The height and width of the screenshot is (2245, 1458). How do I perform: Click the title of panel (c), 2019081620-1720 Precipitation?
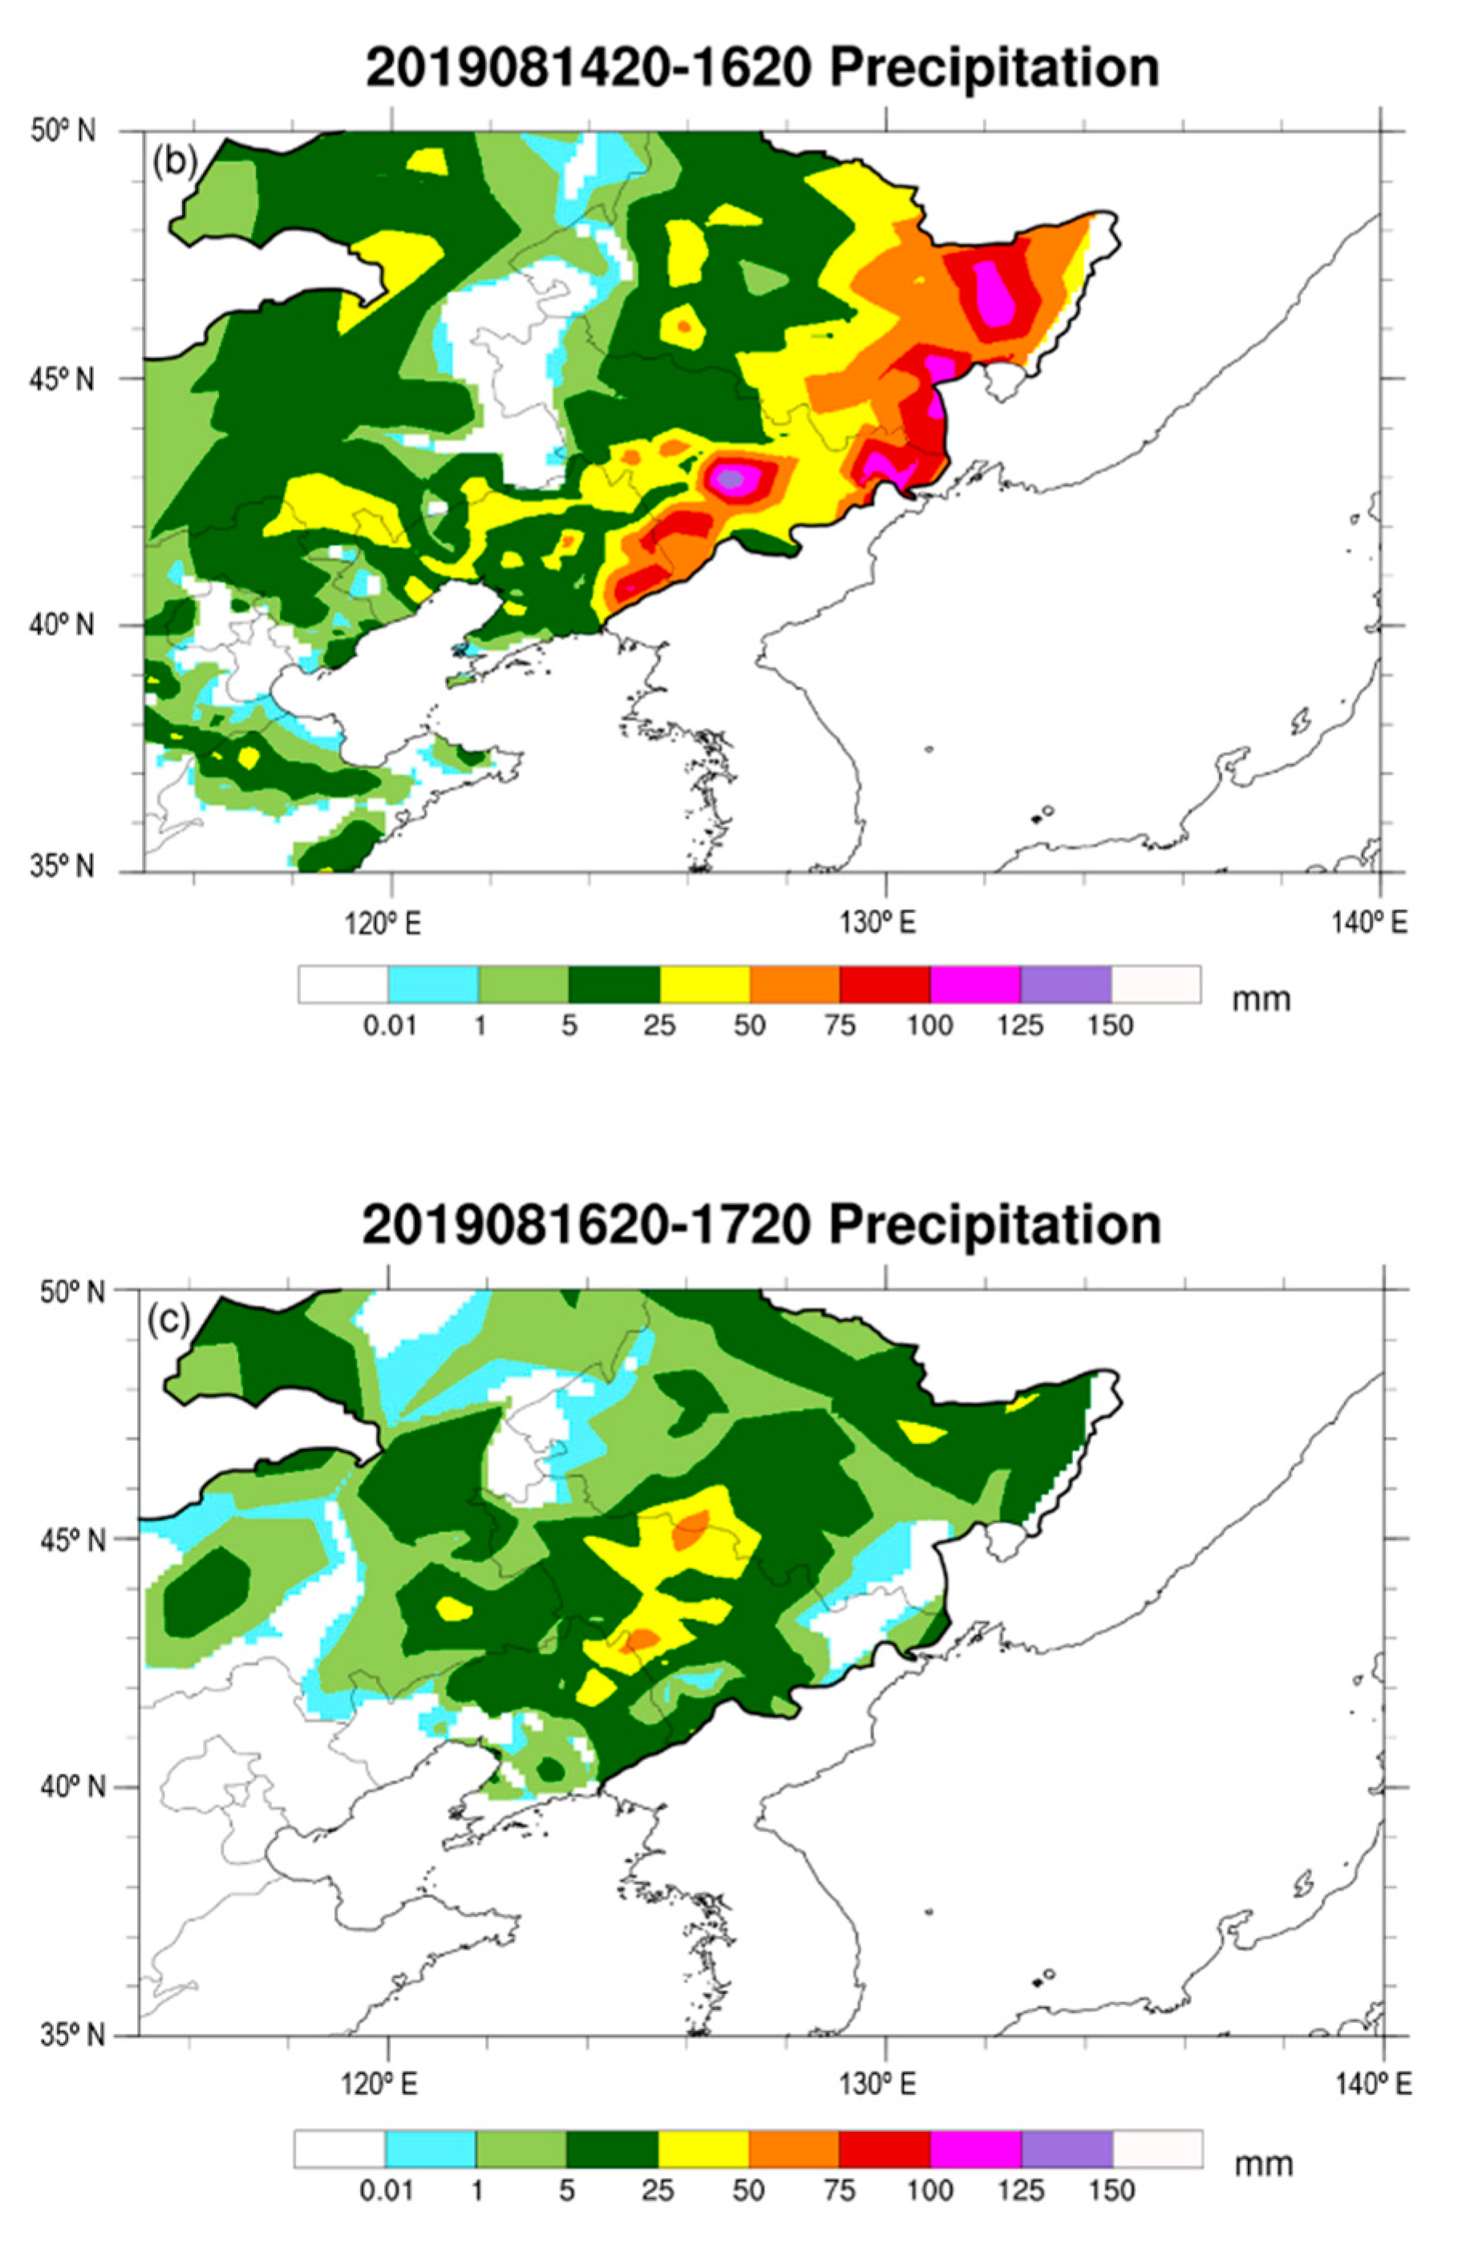point(760,1224)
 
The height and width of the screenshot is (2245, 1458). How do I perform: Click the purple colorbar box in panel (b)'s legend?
point(1065,984)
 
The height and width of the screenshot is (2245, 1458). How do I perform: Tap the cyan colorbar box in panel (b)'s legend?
point(432,984)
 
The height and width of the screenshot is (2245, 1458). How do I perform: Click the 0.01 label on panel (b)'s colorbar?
point(390,1025)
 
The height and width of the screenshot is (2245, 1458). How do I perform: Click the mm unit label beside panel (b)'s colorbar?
point(1261,998)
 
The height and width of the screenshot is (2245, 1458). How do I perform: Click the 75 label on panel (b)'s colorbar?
point(840,1025)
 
